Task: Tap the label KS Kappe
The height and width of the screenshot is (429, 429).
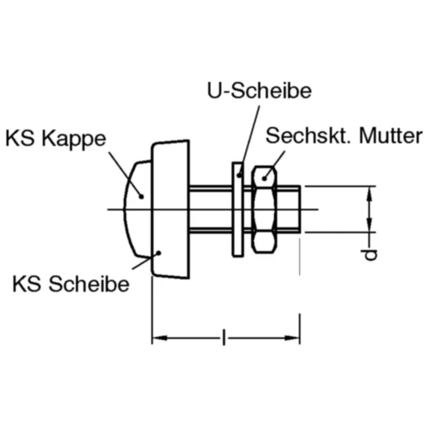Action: (x=55, y=138)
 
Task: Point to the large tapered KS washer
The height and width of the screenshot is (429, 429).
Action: (x=170, y=210)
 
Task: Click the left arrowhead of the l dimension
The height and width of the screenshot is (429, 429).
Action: (x=158, y=337)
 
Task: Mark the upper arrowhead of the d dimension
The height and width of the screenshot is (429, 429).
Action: (x=370, y=192)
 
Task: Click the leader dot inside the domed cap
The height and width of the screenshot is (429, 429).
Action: (x=141, y=196)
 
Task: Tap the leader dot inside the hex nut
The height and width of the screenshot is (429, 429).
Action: (x=264, y=175)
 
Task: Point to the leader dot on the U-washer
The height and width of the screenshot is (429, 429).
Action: (x=239, y=173)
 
